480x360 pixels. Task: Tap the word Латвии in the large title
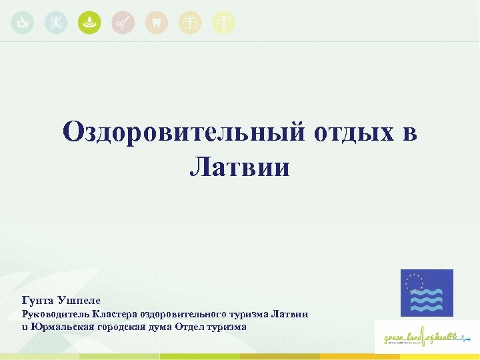click(239, 166)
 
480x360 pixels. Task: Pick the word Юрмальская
click(60, 326)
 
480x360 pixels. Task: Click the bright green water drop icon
click(89, 23)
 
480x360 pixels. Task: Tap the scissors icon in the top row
click(123, 23)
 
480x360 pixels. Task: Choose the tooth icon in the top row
click(156, 23)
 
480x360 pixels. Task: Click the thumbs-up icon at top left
click(22, 23)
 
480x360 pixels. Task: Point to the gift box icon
click(191, 23)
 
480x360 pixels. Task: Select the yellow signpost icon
click(224, 23)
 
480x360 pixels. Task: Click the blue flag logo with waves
click(426, 293)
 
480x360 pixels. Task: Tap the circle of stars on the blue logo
click(417, 283)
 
